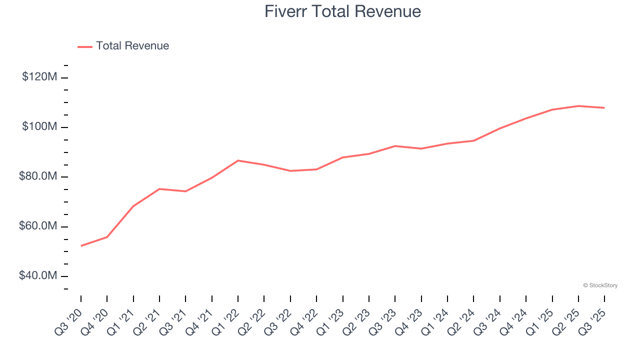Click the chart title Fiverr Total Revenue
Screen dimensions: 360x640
click(342, 11)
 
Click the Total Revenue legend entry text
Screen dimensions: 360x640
click(132, 46)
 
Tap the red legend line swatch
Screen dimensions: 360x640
click(85, 46)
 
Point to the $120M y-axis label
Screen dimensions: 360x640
click(39, 77)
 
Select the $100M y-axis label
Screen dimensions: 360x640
click(39, 127)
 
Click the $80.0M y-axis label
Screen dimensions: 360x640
click(38, 177)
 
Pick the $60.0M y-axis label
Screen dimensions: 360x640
click(38, 226)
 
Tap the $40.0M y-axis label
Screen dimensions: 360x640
click(38, 276)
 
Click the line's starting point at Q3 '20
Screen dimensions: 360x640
click(81, 245)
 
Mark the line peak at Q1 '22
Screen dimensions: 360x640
click(238, 160)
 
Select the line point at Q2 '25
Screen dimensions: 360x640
click(578, 106)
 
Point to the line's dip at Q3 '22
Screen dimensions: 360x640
click(290, 171)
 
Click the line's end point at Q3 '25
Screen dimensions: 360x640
click(604, 107)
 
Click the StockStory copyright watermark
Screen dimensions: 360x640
click(600, 285)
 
